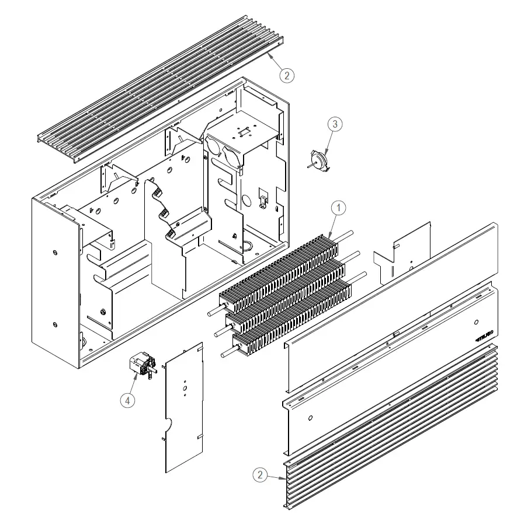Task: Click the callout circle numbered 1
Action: tap(339, 208)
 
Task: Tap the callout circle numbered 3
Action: tap(334, 124)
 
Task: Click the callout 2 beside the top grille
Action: tap(286, 75)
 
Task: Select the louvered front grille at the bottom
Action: tap(391, 426)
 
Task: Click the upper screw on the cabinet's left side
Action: tap(54, 252)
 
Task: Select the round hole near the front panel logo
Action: tap(477, 321)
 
